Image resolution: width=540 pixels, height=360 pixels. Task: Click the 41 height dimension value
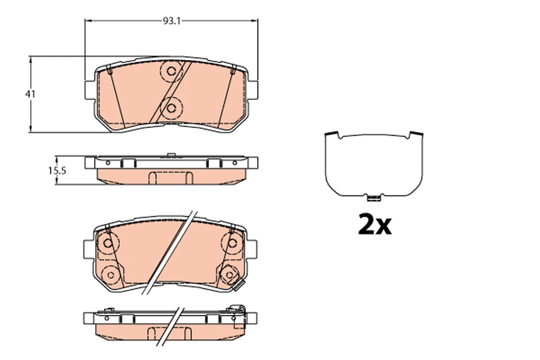30,94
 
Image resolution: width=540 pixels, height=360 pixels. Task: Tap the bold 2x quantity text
375,225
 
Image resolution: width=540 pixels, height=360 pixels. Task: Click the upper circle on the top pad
171,71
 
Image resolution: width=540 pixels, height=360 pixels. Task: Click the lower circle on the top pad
171,108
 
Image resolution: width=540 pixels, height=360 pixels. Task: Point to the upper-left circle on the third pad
108,243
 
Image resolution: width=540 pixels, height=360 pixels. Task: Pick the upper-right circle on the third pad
232,243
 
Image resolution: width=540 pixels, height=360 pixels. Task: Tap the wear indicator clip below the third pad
238,285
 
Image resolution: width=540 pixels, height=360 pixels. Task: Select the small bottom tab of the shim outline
373,198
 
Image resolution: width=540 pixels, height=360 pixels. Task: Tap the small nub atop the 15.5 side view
171,156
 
